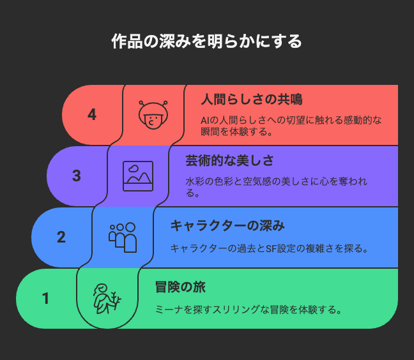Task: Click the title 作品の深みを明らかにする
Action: (x=206, y=41)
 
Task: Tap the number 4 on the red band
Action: (x=92, y=115)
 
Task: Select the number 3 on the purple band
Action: (x=77, y=176)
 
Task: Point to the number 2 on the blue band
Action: (x=61, y=237)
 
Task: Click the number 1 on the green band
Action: (x=45, y=299)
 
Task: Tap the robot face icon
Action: (x=153, y=115)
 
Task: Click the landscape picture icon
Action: (x=138, y=176)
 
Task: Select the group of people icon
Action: (x=123, y=237)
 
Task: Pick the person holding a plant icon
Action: (x=107, y=299)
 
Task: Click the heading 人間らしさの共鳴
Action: (x=252, y=100)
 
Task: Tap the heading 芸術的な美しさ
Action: (x=229, y=161)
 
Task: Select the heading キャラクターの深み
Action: (x=227, y=226)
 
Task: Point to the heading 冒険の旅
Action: (x=180, y=287)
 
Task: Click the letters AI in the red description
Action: (x=205, y=121)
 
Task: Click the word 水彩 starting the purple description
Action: (x=195, y=182)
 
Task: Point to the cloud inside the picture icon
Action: (x=134, y=169)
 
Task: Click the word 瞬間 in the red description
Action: (x=210, y=131)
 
